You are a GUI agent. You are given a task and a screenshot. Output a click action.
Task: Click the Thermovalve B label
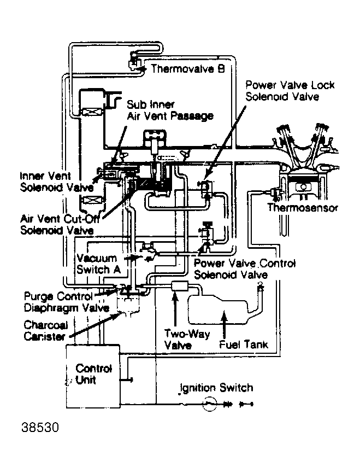[188, 69]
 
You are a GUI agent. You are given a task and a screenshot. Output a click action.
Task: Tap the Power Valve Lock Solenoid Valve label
[290, 91]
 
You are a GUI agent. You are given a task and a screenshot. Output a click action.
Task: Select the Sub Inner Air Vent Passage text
[170, 110]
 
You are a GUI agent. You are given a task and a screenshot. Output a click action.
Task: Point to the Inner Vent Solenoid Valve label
[57, 182]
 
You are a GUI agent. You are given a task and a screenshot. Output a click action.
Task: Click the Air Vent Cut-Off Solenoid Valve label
[60, 224]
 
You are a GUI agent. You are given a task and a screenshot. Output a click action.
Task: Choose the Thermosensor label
[303, 208]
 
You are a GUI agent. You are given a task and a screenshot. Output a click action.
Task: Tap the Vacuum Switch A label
[98, 264]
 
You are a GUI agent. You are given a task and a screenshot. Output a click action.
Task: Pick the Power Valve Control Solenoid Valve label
[245, 269]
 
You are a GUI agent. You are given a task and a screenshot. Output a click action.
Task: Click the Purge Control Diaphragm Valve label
[66, 302]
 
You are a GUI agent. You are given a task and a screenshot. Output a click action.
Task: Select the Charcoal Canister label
[46, 331]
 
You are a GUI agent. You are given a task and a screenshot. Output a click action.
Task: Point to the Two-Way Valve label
[187, 340]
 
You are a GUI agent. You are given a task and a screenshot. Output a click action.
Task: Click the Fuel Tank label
[244, 344]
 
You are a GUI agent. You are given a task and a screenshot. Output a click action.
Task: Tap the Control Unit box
[93, 376]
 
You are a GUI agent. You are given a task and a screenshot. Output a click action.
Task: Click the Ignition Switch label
[216, 388]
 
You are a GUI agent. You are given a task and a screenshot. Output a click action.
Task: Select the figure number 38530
[40, 428]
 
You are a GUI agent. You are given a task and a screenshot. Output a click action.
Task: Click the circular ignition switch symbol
[209, 404]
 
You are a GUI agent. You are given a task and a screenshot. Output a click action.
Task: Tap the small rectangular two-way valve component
[180, 285]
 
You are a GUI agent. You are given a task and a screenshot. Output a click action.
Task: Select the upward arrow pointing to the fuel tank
[224, 324]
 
